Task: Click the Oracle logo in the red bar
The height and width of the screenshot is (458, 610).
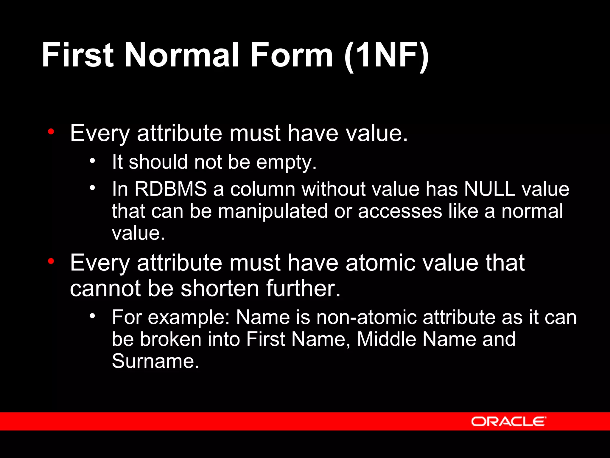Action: tap(508, 421)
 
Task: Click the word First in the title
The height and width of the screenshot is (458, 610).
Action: tap(77, 55)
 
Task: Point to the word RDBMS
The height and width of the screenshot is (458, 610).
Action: tap(171, 189)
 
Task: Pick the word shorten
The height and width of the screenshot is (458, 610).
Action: tap(220, 288)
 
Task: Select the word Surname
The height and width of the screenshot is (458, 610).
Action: tap(155, 361)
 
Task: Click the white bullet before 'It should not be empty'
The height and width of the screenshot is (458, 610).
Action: tap(92, 161)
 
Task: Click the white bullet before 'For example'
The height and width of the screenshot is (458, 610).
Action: tap(92, 316)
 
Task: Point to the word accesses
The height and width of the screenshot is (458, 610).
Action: tap(400, 211)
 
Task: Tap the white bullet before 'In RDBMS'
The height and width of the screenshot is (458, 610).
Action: tap(92, 188)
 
